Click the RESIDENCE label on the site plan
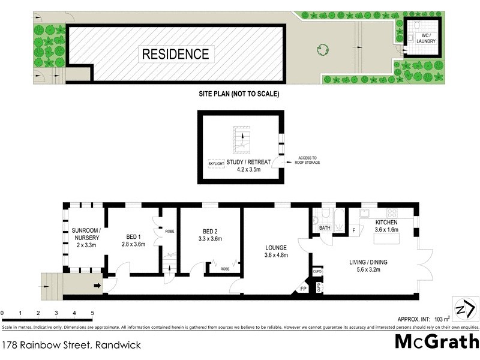tap(176, 53)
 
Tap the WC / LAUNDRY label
tap(426, 39)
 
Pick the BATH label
tap(325, 229)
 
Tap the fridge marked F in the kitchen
tap(354, 230)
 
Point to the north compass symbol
tap(466, 309)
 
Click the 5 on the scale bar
tap(92, 313)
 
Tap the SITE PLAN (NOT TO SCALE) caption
tap(239, 94)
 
